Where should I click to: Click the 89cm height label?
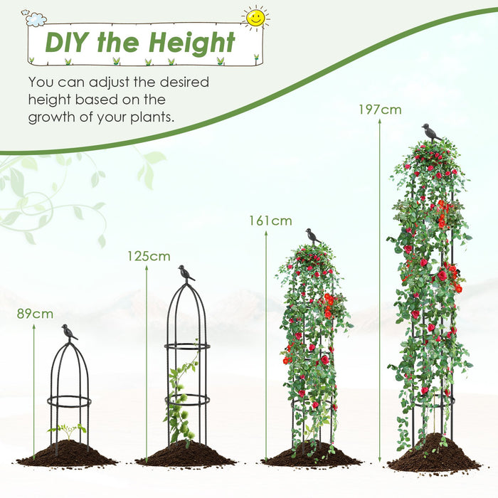click(x=36, y=314)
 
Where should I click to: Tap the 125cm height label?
click(x=149, y=256)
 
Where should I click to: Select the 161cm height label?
click(x=270, y=221)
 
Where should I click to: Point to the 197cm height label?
click(x=380, y=110)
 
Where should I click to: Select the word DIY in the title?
click(x=70, y=42)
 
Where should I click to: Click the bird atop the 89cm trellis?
click(x=69, y=332)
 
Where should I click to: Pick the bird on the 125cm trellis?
click(x=186, y=273)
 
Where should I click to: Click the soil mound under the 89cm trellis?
click(x=67, y=453)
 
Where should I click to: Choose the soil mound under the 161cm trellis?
click(x=311, y=455)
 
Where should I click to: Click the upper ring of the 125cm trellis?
click(x=187, y=346)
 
